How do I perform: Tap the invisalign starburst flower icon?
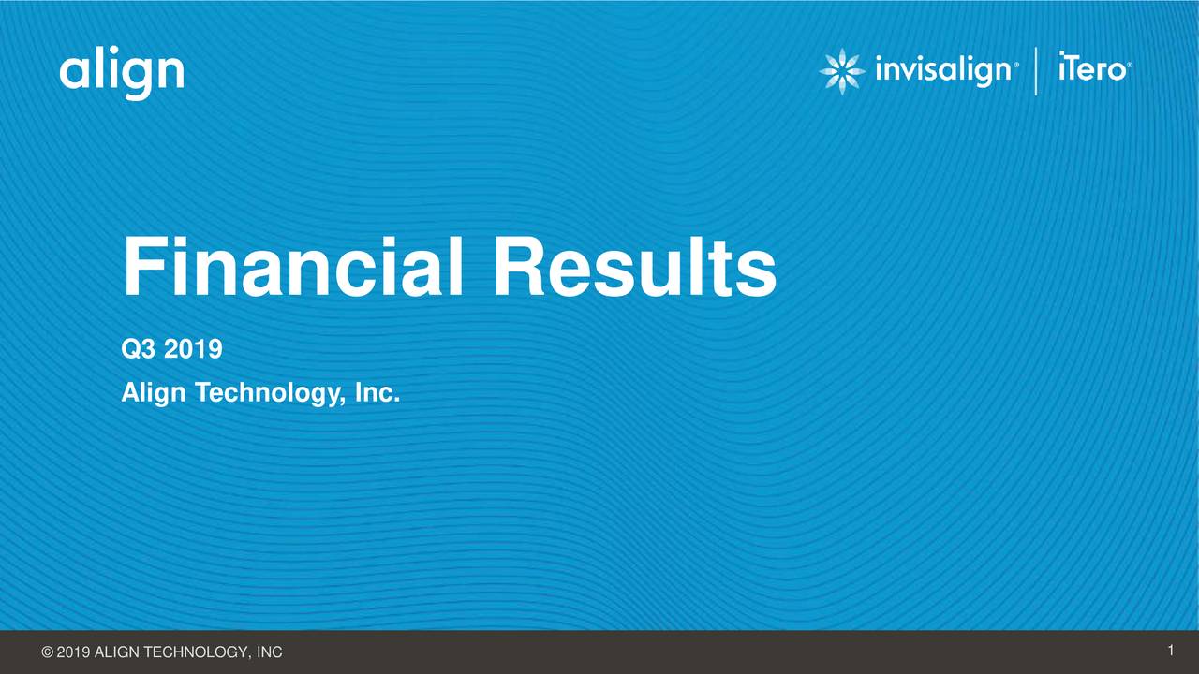[841, 72]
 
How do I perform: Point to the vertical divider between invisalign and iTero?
[1036, 72]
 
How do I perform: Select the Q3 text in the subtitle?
[139, 351]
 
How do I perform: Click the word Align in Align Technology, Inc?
[154, 395]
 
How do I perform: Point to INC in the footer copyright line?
[269, 652]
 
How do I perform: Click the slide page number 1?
[1171, 651]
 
